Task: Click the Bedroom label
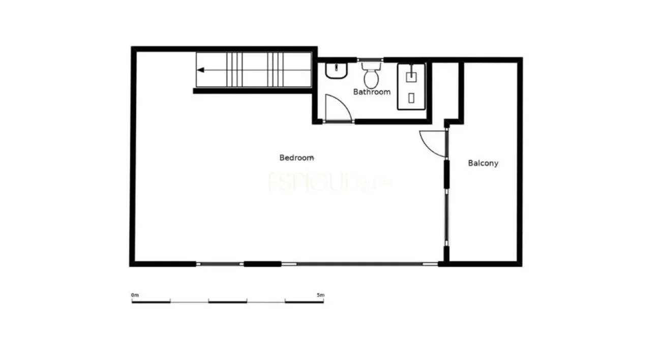(x=296, y=158)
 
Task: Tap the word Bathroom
(x=372, y=92)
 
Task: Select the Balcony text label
(x=483, y=163)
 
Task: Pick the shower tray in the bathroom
(x=411, y=86)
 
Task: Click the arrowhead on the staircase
(x=201, y=71)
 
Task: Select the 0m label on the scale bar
(x=135, y=295)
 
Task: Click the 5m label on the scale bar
(x=320, y=295)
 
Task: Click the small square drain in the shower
(x=411, y=77)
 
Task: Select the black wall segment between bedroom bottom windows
(x=262, y=264)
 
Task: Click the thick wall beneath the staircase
(x=253, y=91)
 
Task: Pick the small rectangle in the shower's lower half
(x=411, y=98)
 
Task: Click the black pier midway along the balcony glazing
(x=446, y=174)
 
